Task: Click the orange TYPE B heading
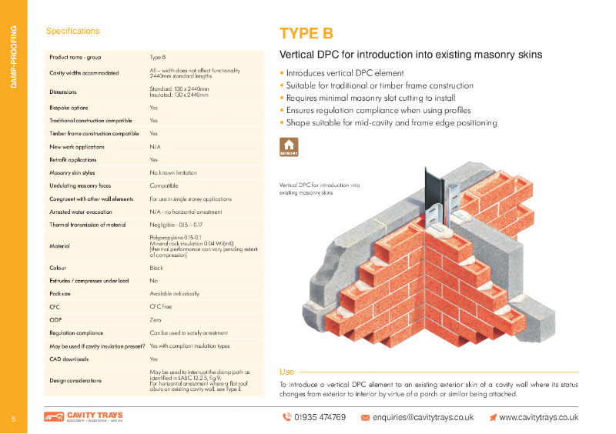click(x=306, y=33)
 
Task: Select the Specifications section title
click(x=73, y=32)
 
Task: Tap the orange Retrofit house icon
click(x=289, y=147)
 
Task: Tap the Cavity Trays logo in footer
click(x=83, y=417)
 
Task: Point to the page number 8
click(x=13, y=419)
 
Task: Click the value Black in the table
click(x=157, y=268)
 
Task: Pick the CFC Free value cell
click(x=161, y=306)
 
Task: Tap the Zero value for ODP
click(x=156, y=319)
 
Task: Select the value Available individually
click(x=174, y=293)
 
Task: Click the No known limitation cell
click(x=173, y=173)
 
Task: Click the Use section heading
click(x=286, y=372)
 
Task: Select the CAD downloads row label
click(x=67, y=359)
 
